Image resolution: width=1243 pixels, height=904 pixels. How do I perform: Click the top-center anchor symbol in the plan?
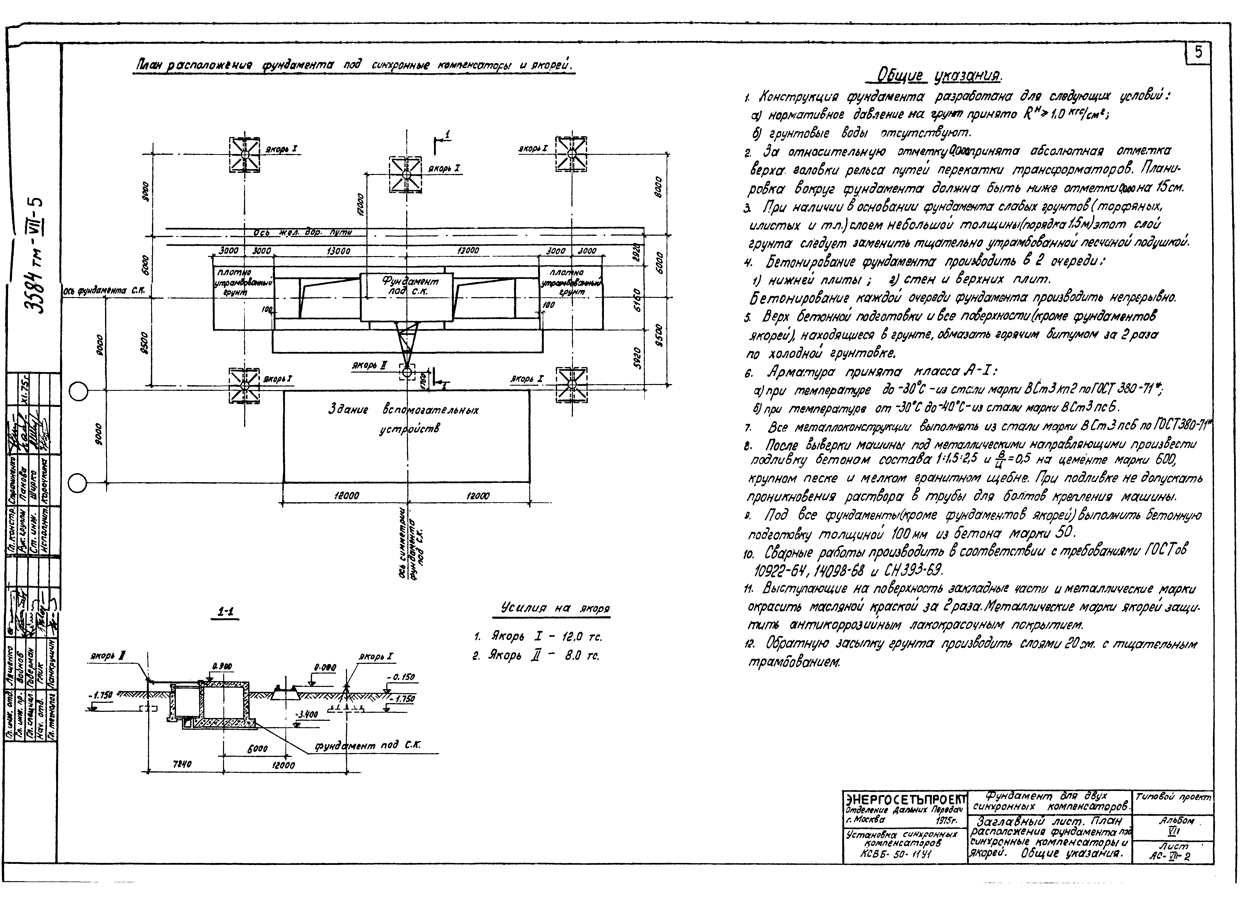(406, 174)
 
